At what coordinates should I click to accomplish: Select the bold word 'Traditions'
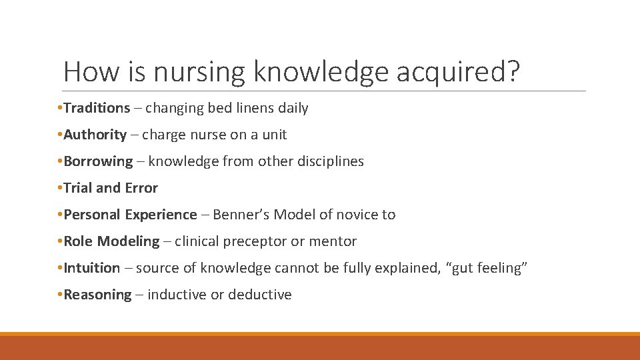click(97, 108)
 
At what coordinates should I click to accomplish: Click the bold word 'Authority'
click(95, 135)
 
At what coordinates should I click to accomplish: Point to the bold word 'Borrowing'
click(98, 161)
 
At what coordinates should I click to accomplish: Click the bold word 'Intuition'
click(92, 268)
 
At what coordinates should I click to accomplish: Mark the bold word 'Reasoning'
click(97, 295)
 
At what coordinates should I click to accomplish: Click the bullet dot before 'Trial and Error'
click(60, 188)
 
